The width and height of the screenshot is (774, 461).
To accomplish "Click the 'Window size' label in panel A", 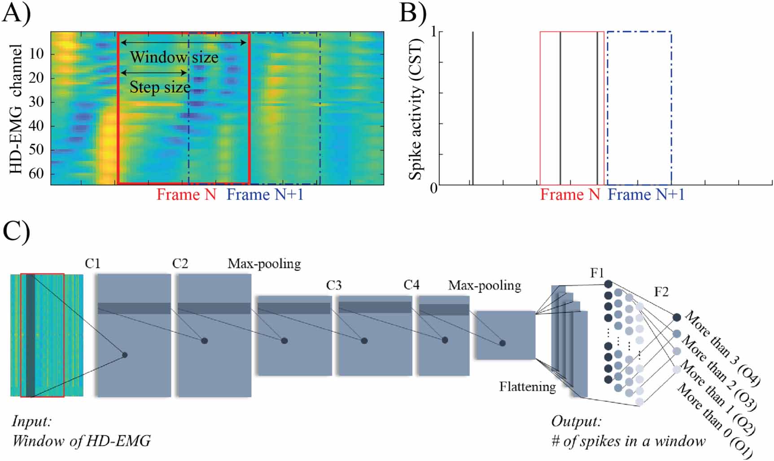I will pyautogui.click(x=174, y=57).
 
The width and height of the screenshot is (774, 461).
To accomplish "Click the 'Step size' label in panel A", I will pyautogui.click(x=160, y=87).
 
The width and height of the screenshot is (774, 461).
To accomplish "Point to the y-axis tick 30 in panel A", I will pyautogui.click(x=36, y=102).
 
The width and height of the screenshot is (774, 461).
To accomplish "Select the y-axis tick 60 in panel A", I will pyautogui.click(x=36, y=173).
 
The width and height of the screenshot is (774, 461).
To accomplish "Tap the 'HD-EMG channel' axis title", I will pyautogui.click(x=16, y=109).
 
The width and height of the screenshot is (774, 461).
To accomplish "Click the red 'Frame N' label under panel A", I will pyautogui.click(x=186, y=195).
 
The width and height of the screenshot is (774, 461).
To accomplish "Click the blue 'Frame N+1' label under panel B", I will pyautogui.click(x=646, y=195).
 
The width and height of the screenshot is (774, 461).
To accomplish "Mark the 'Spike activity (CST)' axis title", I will pyautogui.click(x=415, y=109).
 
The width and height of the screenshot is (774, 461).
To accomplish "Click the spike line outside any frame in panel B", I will pyautogui.click(x=472, y=108).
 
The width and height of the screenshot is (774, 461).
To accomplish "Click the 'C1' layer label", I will pyautogui.click(x=93, y=263).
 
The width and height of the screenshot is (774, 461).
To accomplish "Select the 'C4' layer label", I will pyautogui.click(x=411, y=285).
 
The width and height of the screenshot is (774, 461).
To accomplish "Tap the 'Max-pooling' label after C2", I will pyautogui.click(x=264, y=263).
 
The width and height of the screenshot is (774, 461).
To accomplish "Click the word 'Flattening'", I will pyautogui.click(x=527, y=386).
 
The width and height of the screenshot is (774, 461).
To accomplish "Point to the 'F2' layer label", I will pyautogui.click(x=661, y=292).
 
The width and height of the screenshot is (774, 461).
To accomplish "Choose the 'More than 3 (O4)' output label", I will pyautogui.click(x=722, y=348).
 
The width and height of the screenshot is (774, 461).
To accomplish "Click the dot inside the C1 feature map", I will pyautogui.click(x=125, y=355).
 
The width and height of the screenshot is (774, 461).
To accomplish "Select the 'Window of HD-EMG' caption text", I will pyautogui.click(x=81, y=441).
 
